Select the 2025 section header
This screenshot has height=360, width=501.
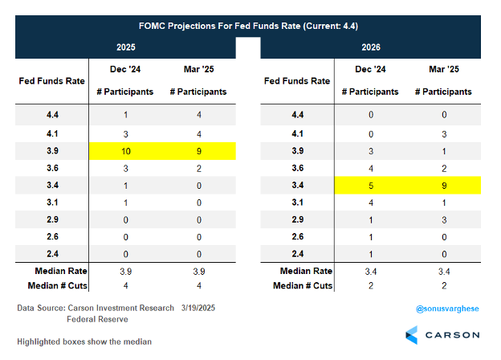coord(126,47)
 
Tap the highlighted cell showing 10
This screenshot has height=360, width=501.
coord(126,151)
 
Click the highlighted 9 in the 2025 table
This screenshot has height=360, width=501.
coord(198,151)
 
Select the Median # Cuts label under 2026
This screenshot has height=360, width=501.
coord(296,285)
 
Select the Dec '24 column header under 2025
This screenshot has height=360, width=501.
coord(126,72)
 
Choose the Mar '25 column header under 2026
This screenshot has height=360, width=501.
coord(443,72)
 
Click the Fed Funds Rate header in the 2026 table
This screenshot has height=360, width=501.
coord(296,81)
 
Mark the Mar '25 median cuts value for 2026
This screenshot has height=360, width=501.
coord(443,285)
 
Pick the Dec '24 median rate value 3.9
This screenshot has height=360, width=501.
coord(126,270)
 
